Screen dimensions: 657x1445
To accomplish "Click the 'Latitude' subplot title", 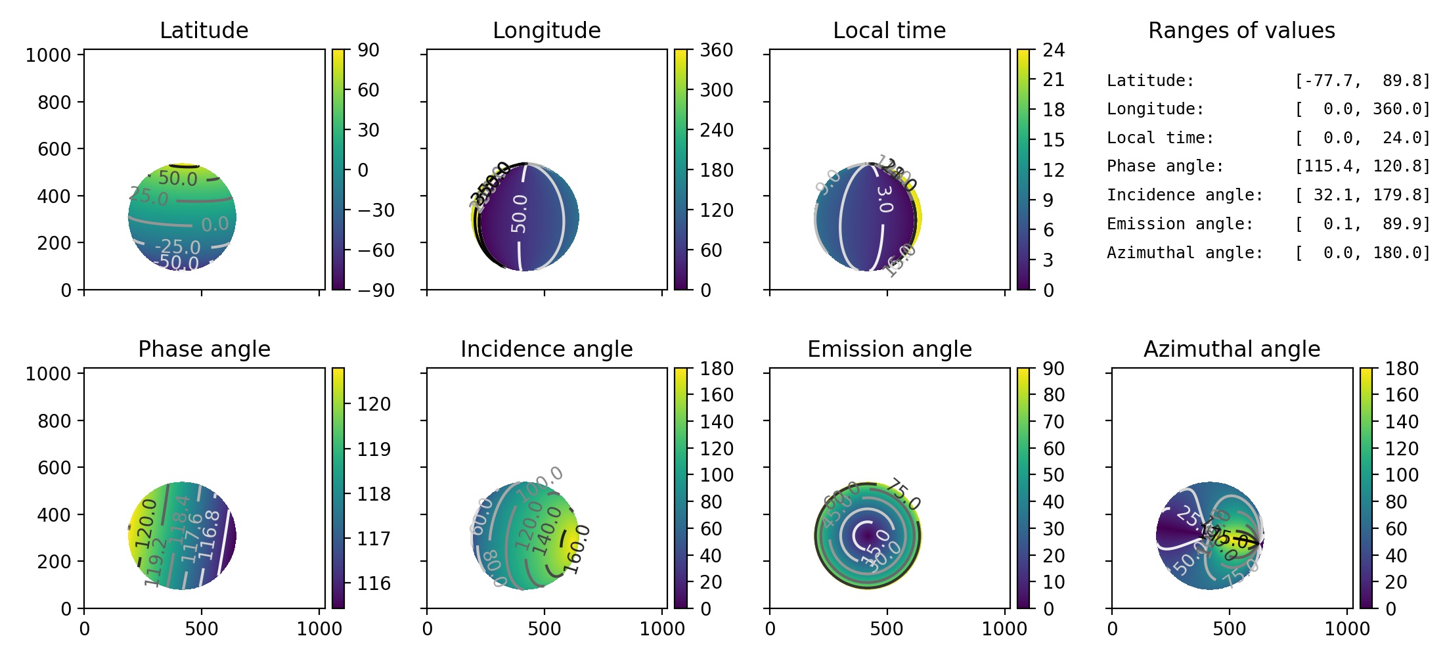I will coord(204,30).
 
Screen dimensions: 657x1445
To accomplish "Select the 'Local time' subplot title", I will coord(889,30).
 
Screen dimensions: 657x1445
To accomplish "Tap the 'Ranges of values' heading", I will coord(1241,30).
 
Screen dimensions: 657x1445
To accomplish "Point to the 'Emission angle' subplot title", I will coord(889,349).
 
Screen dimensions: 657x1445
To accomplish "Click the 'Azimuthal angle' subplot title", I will coord(1232,349).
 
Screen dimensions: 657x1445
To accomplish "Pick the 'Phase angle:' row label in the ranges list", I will coord(1165,166).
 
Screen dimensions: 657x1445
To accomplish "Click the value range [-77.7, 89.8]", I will coord(1362,81).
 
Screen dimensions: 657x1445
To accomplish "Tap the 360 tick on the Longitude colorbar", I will coord(716,50).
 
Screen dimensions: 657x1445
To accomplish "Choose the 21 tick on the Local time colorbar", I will coord(1054,79).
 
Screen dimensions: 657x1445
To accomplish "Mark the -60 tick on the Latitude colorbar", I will coord(376,250).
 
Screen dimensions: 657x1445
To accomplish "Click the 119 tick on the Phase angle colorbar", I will coord(374,449).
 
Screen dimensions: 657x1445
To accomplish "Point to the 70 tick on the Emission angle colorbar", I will coord(1054,422).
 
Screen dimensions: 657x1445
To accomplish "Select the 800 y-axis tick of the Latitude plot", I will coord(55,102).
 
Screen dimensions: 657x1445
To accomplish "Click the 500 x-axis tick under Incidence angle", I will coord(545,629).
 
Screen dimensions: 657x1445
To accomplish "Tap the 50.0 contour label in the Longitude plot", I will coord(519,214).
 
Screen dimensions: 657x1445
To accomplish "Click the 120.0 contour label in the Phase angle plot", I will coord(146,524).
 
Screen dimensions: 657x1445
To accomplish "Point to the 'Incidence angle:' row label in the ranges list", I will coord(1185,195).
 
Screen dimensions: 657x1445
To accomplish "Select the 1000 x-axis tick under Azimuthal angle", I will coord(1347,629).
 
